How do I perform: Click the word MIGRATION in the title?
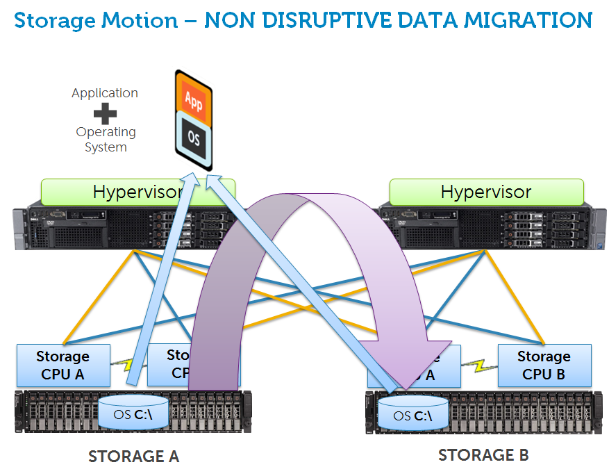pyautogui.click(x=531, y=19)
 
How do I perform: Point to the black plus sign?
pyautogui.click(x=105, y=113)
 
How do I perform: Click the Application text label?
pyautogui.click(x=105, y=93)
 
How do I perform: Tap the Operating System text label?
pyautogui.click(x=106, y=139)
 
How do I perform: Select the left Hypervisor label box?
pyautogui.click(x=137, y=192)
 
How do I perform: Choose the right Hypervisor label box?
pyautogui.click(x=486, y=192)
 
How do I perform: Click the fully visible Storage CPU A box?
pyautogui.click(x=63, y=366)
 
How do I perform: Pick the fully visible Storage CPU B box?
pyautogui.click(x=544, y=366)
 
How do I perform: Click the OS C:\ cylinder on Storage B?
pyautogui.click(x=412, y=415)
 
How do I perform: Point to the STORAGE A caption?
pyautogui.click(x=133, y=457)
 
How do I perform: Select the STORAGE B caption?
pyautogui.click(x=483, y=455)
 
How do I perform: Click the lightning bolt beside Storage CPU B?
pyautogui.click(x=478, y=365)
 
